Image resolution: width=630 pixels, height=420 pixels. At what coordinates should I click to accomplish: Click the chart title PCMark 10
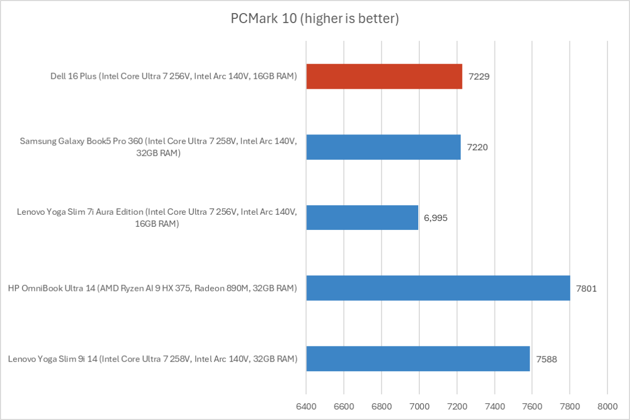(x=315, y=19)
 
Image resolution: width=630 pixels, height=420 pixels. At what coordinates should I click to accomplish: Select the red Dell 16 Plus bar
(x=384, y=77)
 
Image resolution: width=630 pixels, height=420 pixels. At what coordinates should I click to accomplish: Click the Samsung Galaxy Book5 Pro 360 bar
(x=384, y=147)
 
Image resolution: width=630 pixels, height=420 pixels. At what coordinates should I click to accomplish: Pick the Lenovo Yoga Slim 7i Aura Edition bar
(x=362, y=217)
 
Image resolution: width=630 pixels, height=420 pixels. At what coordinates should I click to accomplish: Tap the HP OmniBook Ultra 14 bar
(x=438, y=288)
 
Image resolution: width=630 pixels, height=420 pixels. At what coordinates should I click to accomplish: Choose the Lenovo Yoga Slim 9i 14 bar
(x=418, y=359)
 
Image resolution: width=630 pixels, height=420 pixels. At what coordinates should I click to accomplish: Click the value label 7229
(x=479, y=77)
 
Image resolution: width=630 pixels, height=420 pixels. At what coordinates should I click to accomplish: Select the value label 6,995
(x=436, y=217)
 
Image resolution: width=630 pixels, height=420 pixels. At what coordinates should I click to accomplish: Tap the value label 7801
(x=586, y=288)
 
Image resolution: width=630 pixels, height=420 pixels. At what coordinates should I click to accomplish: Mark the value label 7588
(x=546, y=359)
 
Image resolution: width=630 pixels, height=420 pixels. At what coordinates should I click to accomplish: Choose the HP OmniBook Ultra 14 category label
(x=152, y=288)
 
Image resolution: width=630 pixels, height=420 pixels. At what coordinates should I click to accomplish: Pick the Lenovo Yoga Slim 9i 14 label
(x=153, y=359)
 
